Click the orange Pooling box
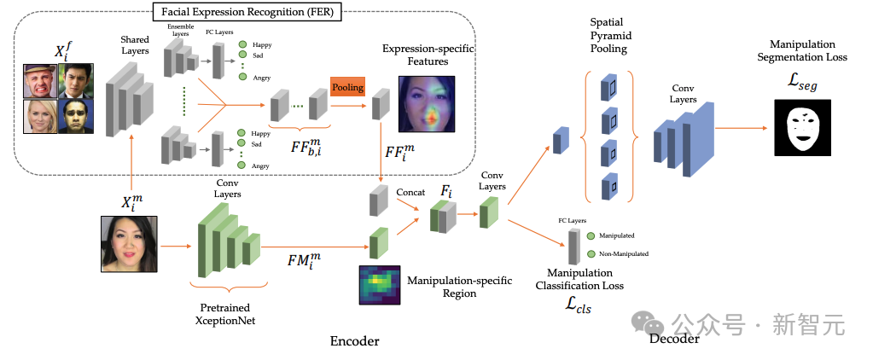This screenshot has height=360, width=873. click(347, 87)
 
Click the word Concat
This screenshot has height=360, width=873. click(410, 193)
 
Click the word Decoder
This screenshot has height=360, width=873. click(674, 339)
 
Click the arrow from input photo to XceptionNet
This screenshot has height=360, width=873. click(175, 246)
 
